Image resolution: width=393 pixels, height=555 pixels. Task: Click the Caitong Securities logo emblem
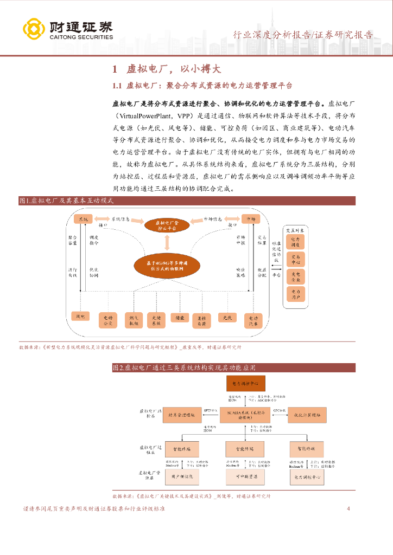click(x=33, y=30)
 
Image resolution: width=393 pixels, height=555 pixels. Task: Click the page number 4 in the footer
click(x=348, y=509)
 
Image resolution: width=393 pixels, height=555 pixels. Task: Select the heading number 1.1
click(x=119, y=86)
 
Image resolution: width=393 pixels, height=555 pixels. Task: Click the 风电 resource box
click(x=80, y=317)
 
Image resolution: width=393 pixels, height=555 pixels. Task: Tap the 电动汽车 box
click(x=252, y=320)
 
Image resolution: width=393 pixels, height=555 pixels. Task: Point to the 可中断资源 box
click(x=245, y=476)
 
